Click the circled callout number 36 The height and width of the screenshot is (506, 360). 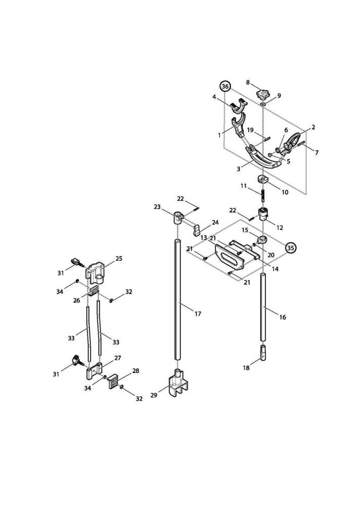[x=225, y=87]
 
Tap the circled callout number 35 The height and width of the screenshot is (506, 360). [x=290, y=248]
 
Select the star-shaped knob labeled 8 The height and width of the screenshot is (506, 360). [x=263, y=95]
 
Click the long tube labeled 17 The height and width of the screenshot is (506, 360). [x=177, y=304]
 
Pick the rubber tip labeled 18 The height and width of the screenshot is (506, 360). [x=264, y=353]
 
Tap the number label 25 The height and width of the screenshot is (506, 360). [x=119, y=259]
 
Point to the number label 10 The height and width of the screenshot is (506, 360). [x=285, y=192]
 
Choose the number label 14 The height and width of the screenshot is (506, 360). [x=275, y=269]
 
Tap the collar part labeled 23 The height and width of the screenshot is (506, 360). [x=178, y=218]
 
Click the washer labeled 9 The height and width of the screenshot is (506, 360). [x=263, y=105]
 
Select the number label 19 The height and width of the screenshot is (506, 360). [x=250, y=130]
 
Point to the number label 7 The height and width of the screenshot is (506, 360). [x=317, y=152]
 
